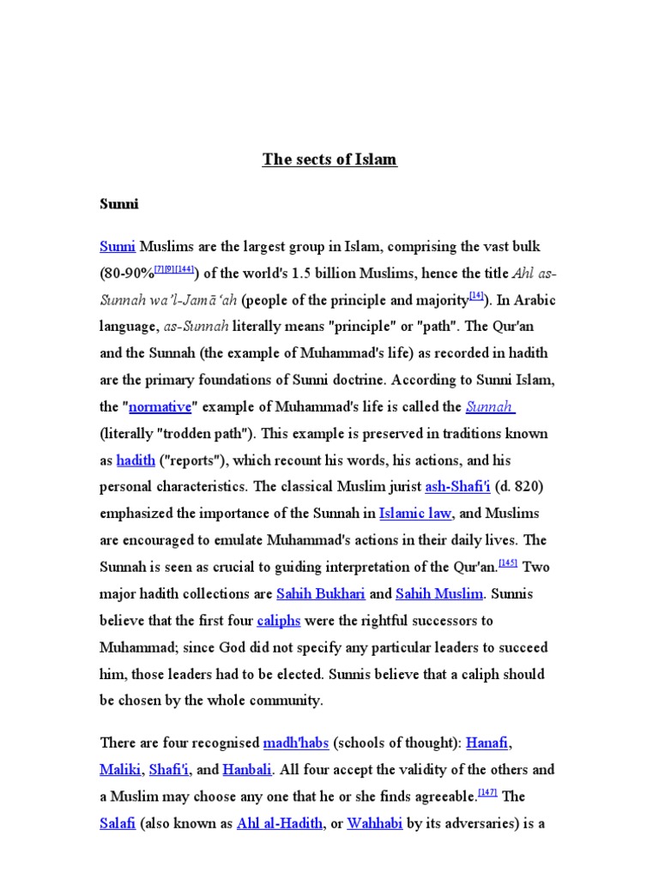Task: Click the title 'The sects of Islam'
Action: (329, 159)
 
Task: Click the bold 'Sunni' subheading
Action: (119, 205)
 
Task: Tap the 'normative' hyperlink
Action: (160, 406)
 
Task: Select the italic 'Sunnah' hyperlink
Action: (490, 406)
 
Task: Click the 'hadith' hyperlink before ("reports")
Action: (136, 460)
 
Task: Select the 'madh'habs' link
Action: (296, 743)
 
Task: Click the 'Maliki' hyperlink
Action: (120, 769)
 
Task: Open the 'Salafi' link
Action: (118, 823)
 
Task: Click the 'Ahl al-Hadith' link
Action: (280, 823)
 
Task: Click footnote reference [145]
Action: (508, 563)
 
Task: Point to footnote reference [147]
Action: (487, 792)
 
